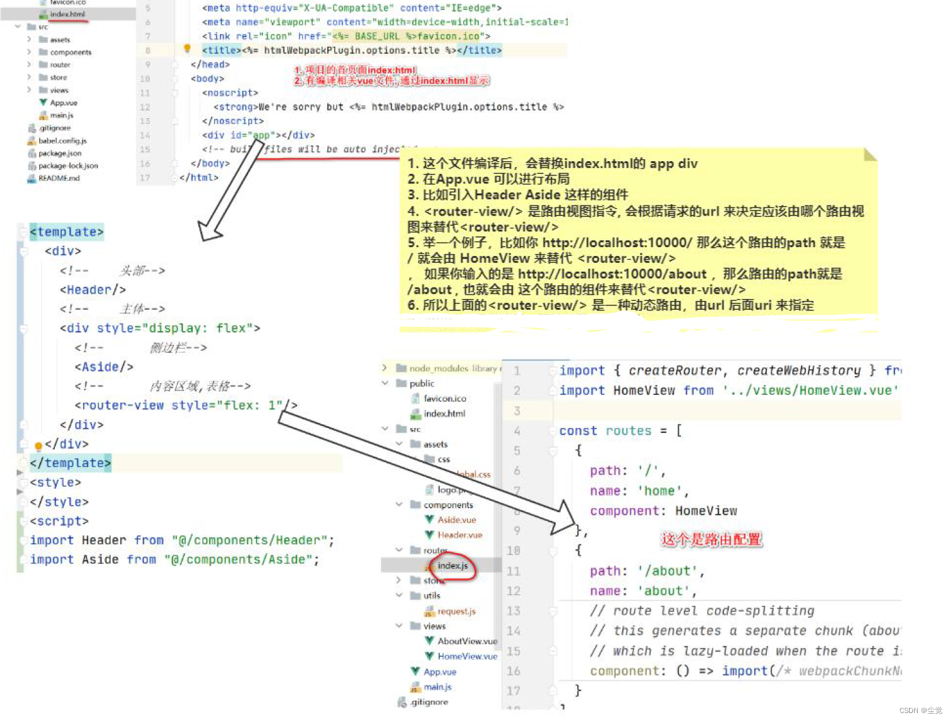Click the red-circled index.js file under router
452,566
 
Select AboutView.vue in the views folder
467,641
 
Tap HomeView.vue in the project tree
467,656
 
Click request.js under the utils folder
456,611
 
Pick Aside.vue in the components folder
456,520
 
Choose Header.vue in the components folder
459,535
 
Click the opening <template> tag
66,232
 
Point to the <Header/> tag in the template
93,290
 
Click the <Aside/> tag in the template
104,367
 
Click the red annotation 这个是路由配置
711,539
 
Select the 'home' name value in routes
660,491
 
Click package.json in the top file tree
59,153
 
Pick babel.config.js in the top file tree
62,140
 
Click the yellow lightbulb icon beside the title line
187,49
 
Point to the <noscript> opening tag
230,93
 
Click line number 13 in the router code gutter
514,611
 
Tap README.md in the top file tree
59,178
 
